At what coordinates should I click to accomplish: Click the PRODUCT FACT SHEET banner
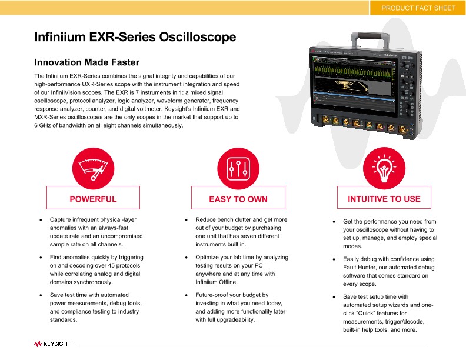click(x=418, y=8)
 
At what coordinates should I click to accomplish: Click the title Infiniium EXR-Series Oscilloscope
click(x=135, y=37)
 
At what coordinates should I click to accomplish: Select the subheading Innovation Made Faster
click(x=87, y=62)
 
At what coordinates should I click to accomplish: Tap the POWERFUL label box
click(x=93, y=198)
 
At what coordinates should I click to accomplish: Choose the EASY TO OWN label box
click(x=238, y=198)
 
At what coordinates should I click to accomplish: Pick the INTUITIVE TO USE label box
click(x=384, y=198)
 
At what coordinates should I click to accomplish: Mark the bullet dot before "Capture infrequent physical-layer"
click(x=41, y=219)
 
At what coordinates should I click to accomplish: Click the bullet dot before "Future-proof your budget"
click(x=186, y=295)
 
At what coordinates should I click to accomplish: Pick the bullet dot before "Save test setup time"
click(x=334, y=297)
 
